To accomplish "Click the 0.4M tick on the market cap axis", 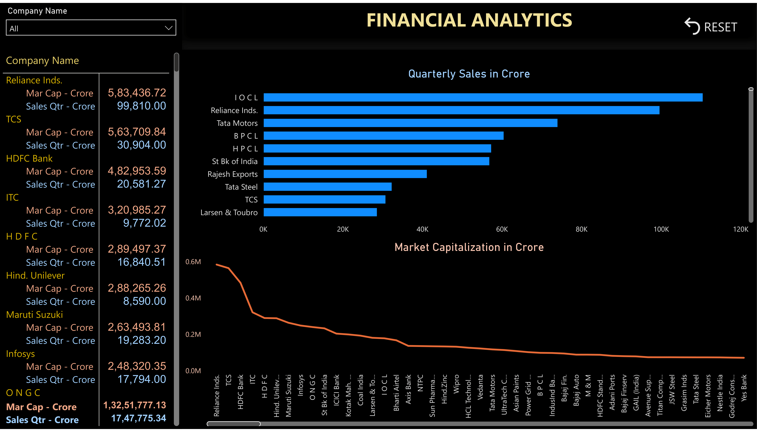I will (x=193, y=298).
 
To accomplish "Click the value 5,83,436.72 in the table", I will (x=137, y=93).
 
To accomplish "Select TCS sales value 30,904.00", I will (x=141, y=145).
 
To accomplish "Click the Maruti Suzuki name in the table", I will (x=34, y=315).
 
